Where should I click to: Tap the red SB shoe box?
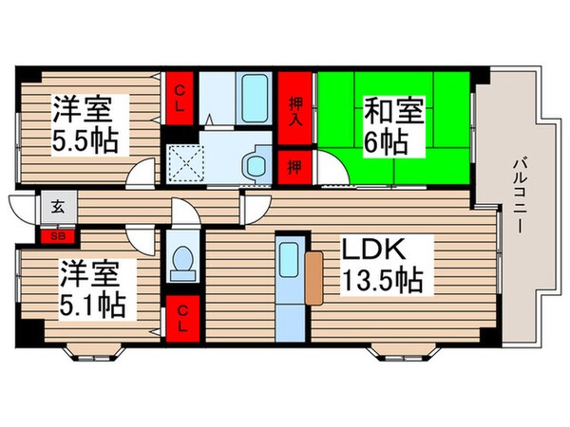(58, 234)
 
